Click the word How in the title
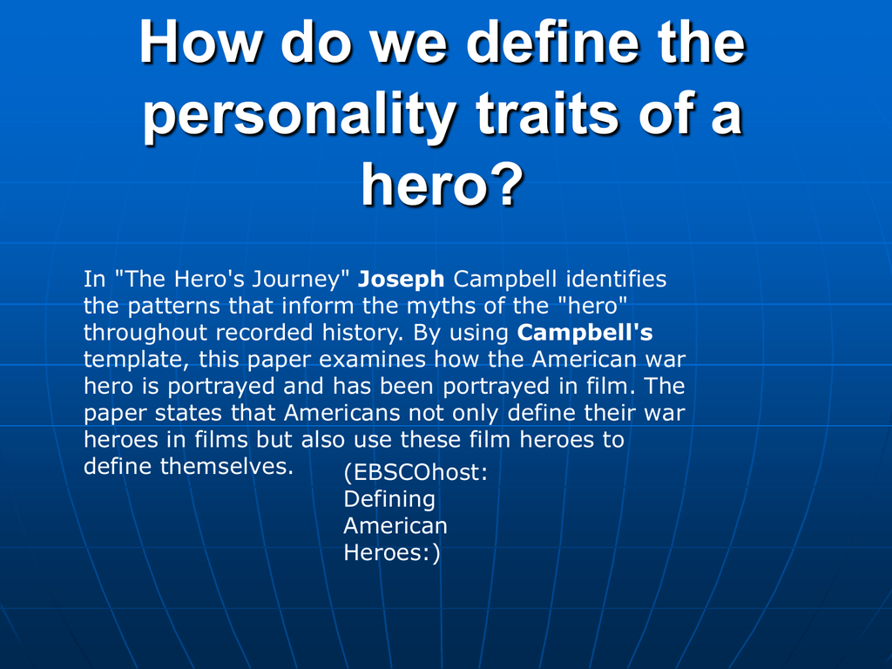(201, 42)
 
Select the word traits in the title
(547, 112)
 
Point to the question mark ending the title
(504, 183)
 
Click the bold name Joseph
(401, 280)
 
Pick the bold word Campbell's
(585, 332)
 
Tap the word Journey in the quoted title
(301, 280)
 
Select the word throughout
(145, 333)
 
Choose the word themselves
(226, 466)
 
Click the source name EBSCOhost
(416, 472)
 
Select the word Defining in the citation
(389, 499)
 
